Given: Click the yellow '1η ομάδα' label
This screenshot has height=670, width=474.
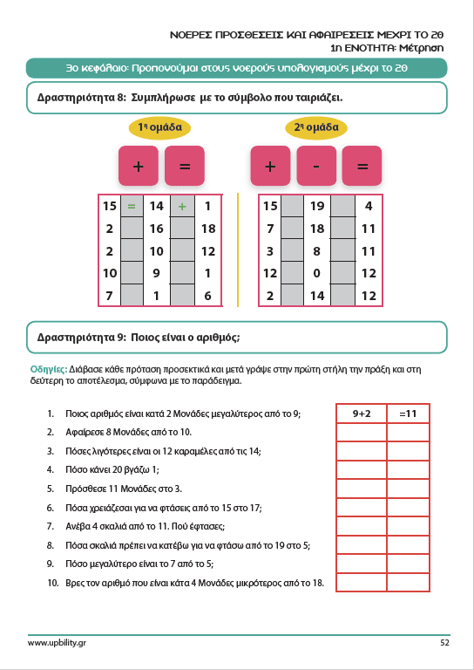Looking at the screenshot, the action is [159, 127].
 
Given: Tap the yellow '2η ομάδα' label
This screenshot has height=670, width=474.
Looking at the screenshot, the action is [316, 127].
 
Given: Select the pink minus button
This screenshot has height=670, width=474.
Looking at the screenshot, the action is [316, 166].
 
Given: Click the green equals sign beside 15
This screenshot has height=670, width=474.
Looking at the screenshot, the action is [132, 207].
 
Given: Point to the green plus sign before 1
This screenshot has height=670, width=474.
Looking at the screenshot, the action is [182, 207].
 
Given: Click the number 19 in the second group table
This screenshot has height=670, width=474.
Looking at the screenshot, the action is [317, 207].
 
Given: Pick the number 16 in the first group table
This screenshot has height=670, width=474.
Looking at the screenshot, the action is [156, 229].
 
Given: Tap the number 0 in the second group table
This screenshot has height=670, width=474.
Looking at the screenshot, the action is [316, 273].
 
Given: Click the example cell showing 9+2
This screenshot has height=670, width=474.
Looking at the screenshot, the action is [362, 414].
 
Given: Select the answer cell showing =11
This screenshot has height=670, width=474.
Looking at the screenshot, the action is [409, 414].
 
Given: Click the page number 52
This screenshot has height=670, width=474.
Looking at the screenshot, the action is [444, 642].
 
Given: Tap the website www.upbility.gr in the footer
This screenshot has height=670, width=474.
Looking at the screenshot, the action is [57, 643].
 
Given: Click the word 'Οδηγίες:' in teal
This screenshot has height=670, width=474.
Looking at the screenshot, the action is [49, 369].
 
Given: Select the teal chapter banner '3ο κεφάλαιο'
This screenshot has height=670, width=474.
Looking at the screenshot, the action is [237, 68].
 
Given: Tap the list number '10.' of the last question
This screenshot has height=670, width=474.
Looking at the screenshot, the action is [53, 583].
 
